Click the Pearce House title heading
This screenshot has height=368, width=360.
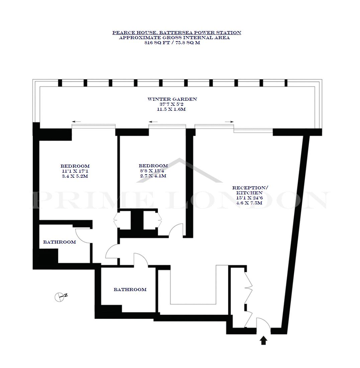[x=177, y=33]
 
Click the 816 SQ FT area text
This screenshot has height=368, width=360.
[x=157, y=43]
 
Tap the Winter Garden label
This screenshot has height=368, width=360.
[x=172, y=99]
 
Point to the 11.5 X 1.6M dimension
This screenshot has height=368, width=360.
[x=171, y=109]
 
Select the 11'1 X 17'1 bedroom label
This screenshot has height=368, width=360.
[x=75, y=171]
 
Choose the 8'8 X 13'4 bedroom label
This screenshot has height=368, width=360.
[x=152, y=171]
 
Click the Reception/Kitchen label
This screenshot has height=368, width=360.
[x=250, y=190]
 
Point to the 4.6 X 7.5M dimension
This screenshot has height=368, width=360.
[x=249, y=203]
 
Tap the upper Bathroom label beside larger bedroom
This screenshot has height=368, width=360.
[x=60, y=242]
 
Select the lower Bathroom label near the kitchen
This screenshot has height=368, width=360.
[x=130, y=290]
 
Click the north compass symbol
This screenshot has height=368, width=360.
[x=61, y=297]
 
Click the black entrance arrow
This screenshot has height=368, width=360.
[x=264, y=340]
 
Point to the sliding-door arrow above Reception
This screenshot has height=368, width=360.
[x=229, y=122]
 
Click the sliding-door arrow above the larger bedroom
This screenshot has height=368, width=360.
[x=76, y=121]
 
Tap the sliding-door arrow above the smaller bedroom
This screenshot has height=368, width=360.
[x=153, y=122]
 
